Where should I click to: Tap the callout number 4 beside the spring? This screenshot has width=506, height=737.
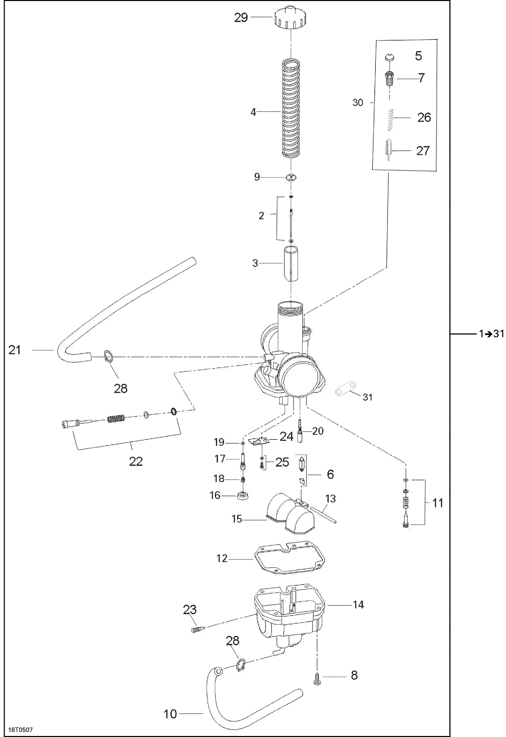(253, 112)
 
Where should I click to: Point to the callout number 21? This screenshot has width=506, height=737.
(15, 350)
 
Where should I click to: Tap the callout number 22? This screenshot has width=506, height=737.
(136, 461)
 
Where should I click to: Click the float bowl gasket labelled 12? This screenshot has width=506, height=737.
(289, 559)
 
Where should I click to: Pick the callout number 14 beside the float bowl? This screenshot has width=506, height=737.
(358, 604)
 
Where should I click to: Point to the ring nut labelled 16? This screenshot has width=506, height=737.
(243, 496)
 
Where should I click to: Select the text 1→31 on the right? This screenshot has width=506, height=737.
(491, 334)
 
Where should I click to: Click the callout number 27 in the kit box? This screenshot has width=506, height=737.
(423, 151)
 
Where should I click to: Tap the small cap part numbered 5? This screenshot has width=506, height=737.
(390, 57)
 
